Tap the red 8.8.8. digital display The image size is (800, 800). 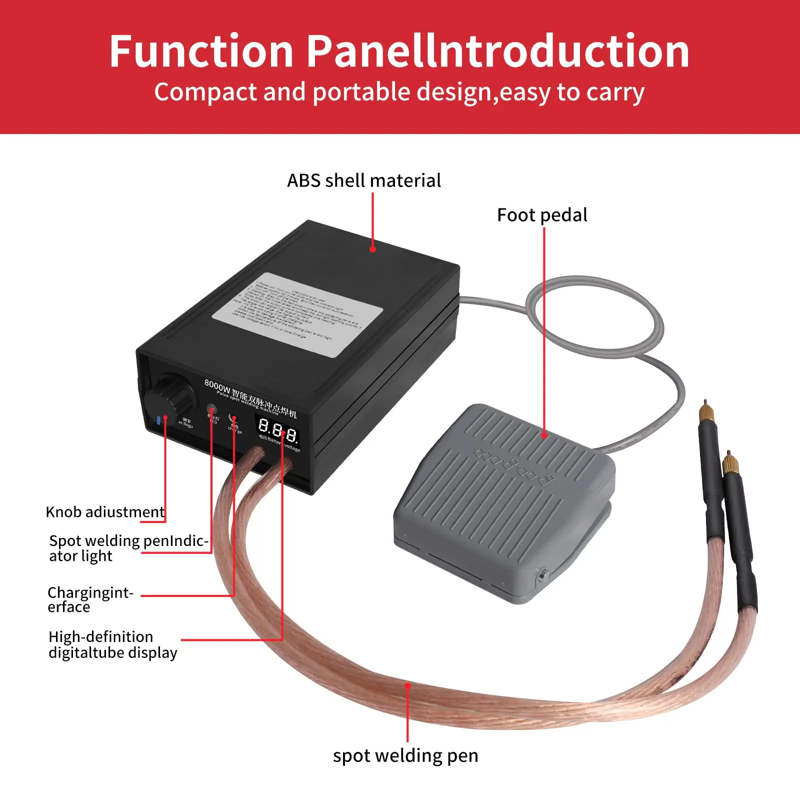pos(277,430)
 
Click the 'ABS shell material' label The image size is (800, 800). pos(364,180)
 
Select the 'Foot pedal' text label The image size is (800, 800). pos(542,215)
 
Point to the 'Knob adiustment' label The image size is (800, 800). pos(105,512)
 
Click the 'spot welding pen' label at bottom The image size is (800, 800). pos(405,755)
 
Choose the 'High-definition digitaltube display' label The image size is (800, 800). pos(112,644)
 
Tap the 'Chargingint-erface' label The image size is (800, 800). pos(90,599)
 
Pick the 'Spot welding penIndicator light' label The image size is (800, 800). pos(128,548)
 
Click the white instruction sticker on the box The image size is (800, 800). pos(297,314)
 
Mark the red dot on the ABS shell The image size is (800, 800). pos(372,249)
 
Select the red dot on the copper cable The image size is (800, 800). pos(408,686)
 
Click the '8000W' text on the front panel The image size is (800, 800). pos(217,385)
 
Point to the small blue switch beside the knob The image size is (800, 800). pos(158,420)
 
